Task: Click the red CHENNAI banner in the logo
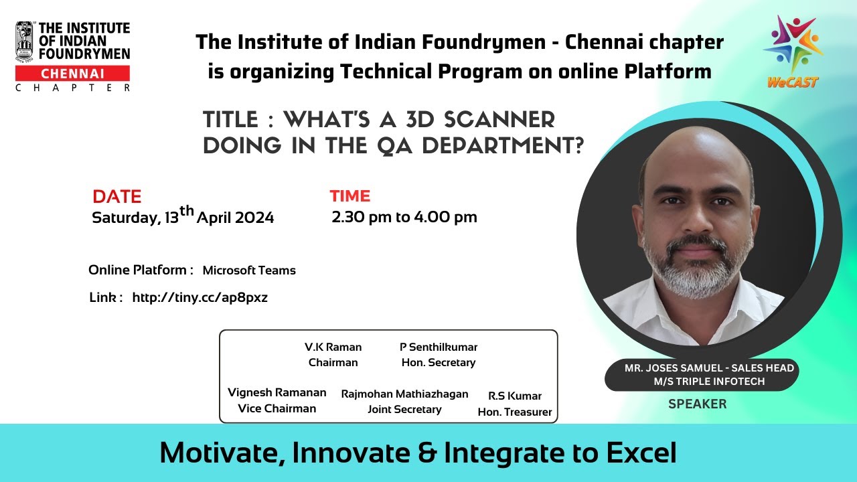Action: coord(72,74)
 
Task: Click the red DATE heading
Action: coord(117,196)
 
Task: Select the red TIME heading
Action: coord(349,196)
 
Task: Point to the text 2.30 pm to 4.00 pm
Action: coord(404,217)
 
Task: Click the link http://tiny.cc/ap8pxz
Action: coord(200,298)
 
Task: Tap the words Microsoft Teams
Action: coord(249,270)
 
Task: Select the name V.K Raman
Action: coord(333,347)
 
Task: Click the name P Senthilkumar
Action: coord(438,347)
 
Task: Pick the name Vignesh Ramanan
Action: coord(277,392)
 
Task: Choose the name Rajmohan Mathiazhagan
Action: coord(404,394)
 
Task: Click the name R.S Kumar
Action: coord(514,396)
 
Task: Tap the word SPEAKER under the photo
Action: coord(697,404)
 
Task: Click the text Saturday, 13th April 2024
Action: coord(183,218)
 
